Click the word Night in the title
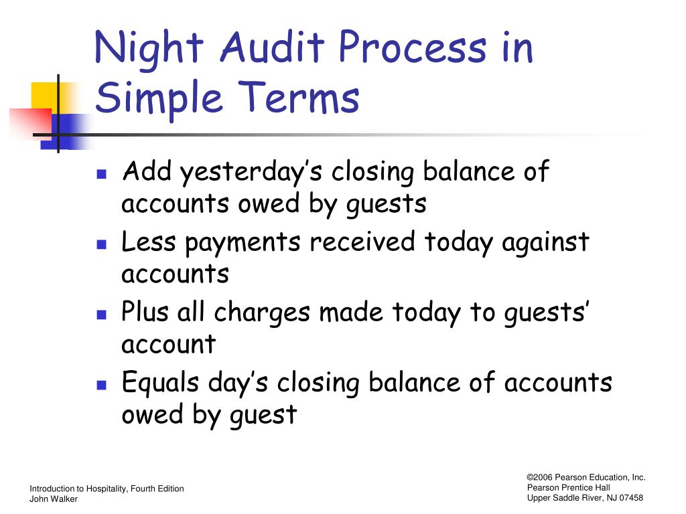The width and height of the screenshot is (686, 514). click(x=149, y=50)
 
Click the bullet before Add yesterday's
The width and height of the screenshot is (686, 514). click(x=102, y=175)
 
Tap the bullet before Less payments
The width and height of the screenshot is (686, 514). click(x=102, y=244)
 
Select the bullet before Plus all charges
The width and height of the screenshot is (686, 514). click(x=102, y=315)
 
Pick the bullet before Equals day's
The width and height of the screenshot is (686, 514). click(x=102, y=385)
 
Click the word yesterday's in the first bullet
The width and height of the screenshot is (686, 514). click(x=252, y=172)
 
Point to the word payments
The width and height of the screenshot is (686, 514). click(x=243, y=243)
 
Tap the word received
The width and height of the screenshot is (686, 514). click(x=362, y=241)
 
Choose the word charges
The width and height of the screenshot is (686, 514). click(x=262, y=313)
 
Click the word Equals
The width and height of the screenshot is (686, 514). click(x=160, y=382)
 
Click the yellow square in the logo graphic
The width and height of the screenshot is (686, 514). click(x=45, y=96)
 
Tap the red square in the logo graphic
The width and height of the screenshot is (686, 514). click(x=31, y=123)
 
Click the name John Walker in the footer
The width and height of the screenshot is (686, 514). click(x=54, y=499)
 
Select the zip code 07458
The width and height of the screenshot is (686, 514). click(x=631, y=498)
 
